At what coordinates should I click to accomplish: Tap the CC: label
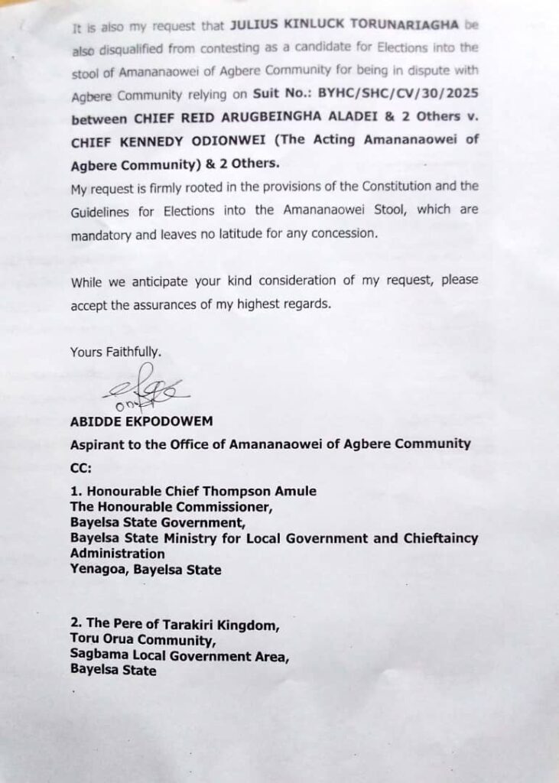point(80,468)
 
